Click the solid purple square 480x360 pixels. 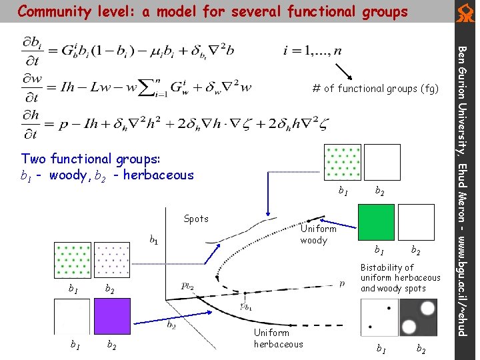[x=112, y=316]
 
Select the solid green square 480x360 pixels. [x=376, y=222]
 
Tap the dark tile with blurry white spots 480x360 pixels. [x=418, y=317]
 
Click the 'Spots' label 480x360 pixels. [x=196, y=219]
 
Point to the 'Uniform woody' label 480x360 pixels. [x=318, y=234]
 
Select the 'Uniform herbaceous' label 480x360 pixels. [x=278, y=338]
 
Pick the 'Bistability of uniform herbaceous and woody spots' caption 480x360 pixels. [x=400, y=277]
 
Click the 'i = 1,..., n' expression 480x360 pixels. [x=313, y=49]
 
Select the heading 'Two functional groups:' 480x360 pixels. [x=91, y=159]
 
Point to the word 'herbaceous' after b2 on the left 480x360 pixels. [x=158, y=175]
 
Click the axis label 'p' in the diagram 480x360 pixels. [x=342, y=283]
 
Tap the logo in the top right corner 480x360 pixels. [x=465, y=11]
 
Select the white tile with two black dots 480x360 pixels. [x=379, y=317]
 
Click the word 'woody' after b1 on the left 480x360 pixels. [x=67, y=175]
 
